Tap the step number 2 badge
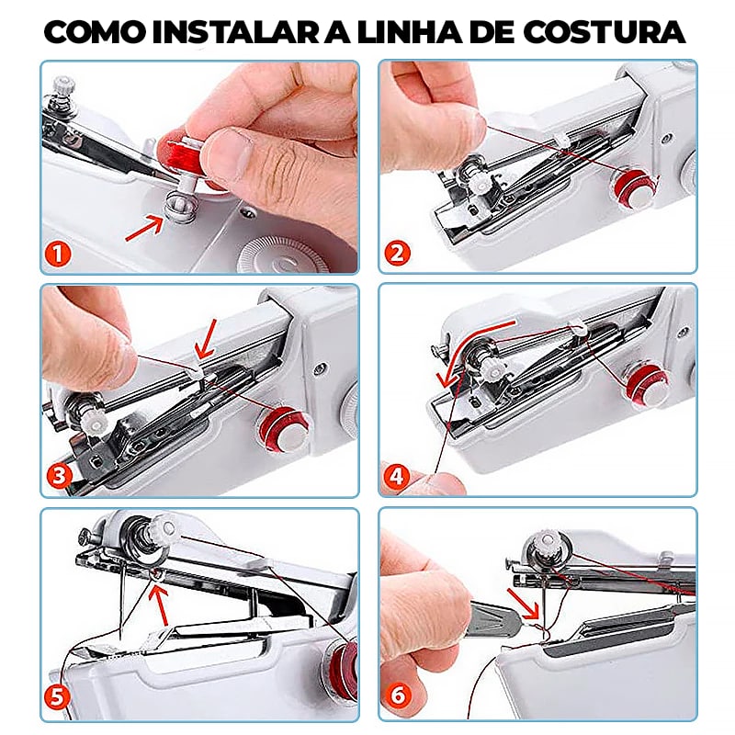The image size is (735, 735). (x=398, y=252)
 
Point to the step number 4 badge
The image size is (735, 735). (x=398, y=476)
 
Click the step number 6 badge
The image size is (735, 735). (x=398, y=698)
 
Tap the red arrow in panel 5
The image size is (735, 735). (x=163, y=601)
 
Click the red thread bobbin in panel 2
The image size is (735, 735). (x=634, y=183)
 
